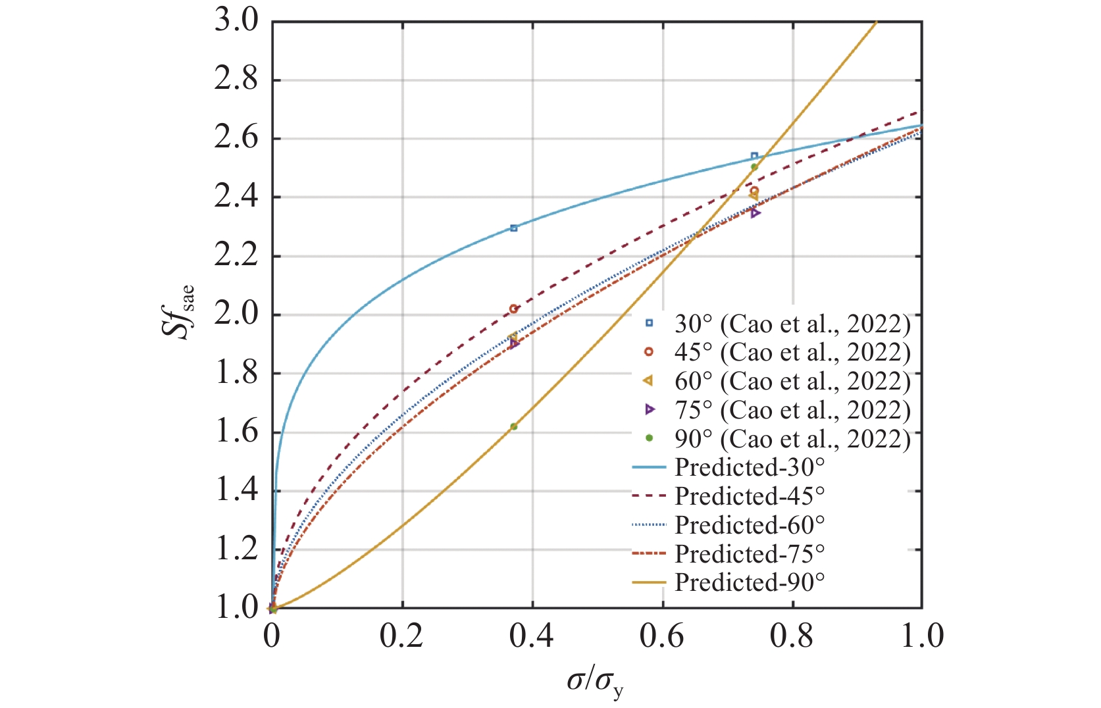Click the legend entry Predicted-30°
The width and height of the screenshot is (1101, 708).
point(750,467)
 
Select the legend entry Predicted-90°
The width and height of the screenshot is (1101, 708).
point(750,582)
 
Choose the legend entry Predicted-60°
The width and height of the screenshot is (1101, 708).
point(750,525)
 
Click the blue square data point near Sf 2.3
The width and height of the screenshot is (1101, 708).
point(514,228)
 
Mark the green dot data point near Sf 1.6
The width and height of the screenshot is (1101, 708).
point(514,426)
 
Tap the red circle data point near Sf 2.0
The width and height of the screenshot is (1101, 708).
point(514,309)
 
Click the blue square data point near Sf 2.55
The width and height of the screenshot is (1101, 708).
point(754,156)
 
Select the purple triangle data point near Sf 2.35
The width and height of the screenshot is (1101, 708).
point(755,213)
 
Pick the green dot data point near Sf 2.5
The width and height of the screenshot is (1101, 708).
point(754,166)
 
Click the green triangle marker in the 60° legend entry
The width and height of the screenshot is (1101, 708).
point(648,381)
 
